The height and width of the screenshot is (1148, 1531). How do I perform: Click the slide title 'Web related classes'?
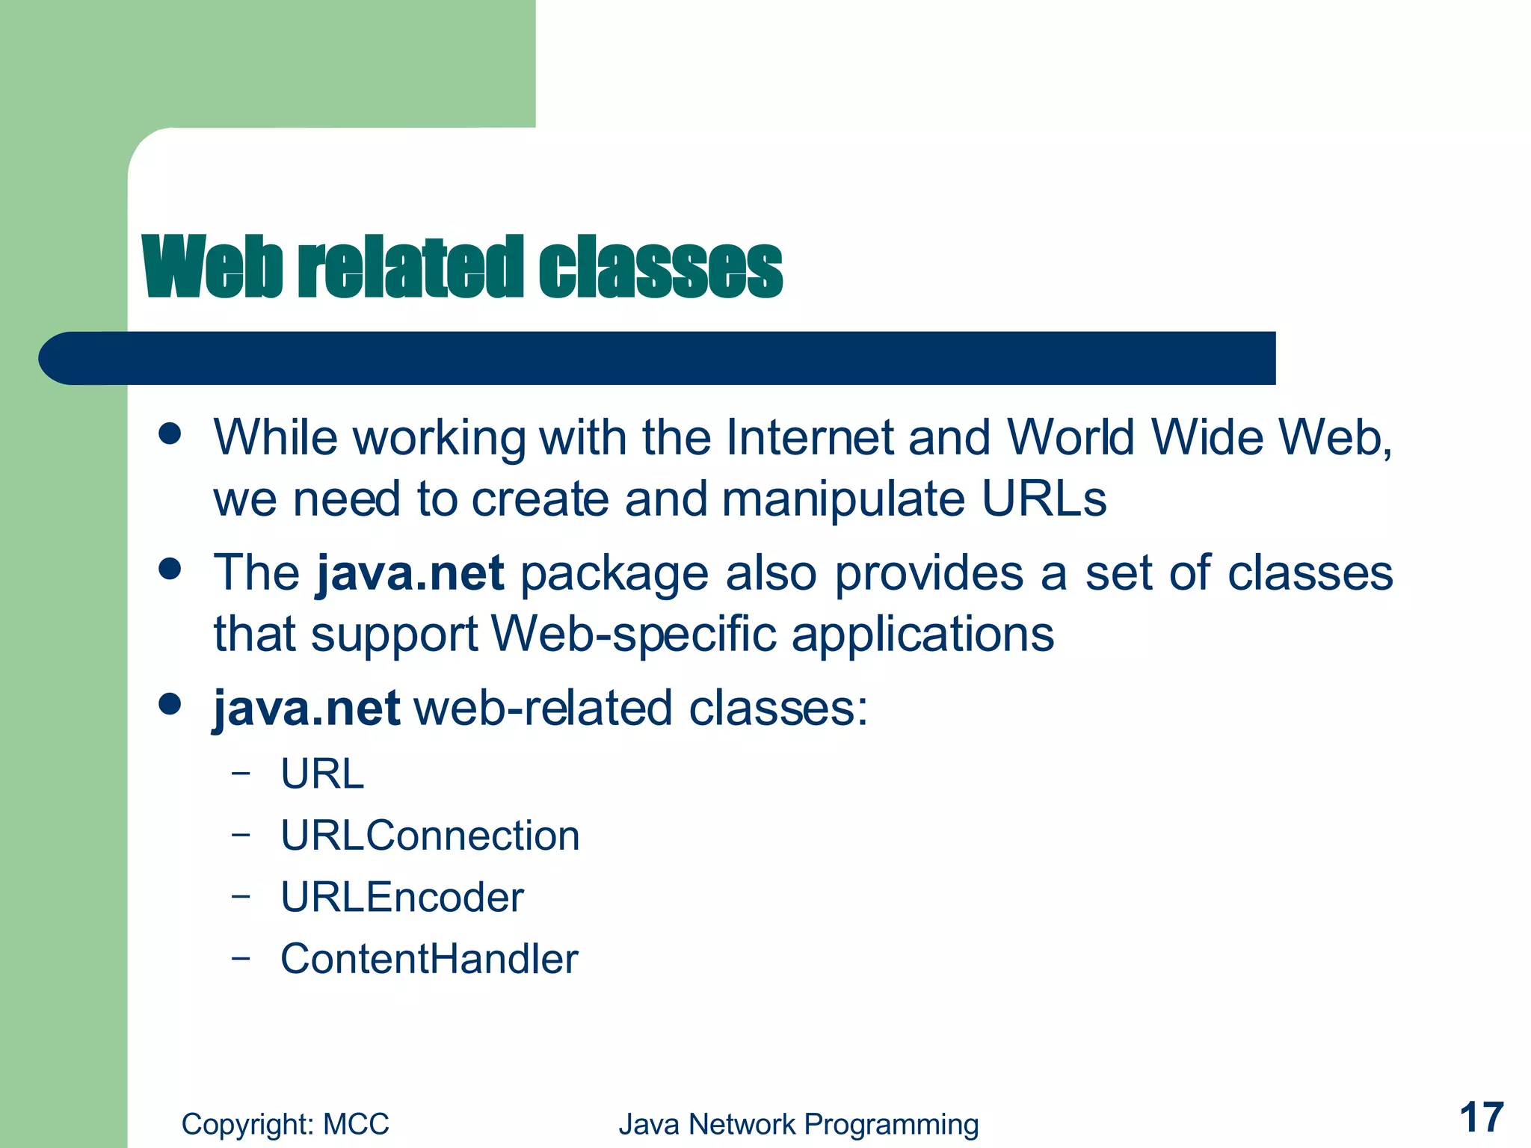(x=462, y=267)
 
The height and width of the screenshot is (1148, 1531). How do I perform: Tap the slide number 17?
(x=1481, y=1118)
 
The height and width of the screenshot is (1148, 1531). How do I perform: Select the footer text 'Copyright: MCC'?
(x=285, y=1124)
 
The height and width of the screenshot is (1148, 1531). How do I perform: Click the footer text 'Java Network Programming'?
(x=798, y=1124)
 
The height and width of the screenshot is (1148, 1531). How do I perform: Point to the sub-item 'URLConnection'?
(x=430, y=836)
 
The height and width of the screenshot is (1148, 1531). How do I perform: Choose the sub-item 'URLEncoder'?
(x=402, y=897)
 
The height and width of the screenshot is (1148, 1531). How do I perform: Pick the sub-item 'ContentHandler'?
(x=429, y=959)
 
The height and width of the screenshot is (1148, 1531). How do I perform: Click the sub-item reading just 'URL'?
(x=322, y=774)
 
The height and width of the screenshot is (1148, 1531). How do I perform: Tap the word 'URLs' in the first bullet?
(x=1044, y=499)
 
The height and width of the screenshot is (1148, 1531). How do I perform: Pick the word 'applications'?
(x=922, y=635)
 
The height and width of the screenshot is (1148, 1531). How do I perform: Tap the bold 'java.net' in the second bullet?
(x=410, y=574)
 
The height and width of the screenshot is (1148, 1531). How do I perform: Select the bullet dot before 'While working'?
(x=170, y=434)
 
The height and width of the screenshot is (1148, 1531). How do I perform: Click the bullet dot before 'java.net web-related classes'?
(x=170, y=704)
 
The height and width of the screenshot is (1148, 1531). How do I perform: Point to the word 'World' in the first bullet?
(x=1071, y=437)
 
